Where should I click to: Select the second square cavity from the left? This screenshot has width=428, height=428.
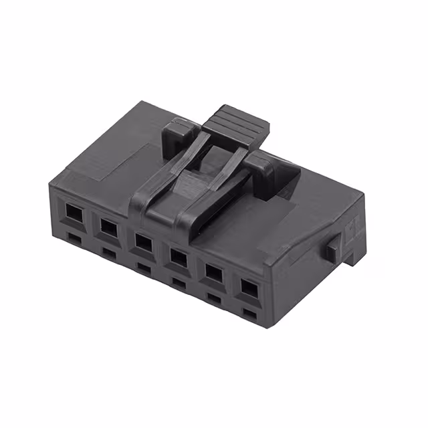coord(107,225)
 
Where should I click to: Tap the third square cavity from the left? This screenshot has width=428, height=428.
coord(142,239)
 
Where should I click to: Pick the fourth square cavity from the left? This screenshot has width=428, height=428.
coord(178,255)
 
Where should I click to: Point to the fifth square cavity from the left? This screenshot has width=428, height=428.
coord(213,272)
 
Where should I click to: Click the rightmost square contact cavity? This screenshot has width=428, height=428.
coord(248,288)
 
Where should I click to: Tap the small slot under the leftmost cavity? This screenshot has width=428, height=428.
coord(73,237)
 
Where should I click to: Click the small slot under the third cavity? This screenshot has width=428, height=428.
coord(143,267)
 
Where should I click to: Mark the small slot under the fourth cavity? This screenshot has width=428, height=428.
coord(179,282)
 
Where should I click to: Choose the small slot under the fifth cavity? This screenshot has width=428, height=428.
coord(214,298)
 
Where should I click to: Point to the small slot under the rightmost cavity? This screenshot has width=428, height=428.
coord(249,313)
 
